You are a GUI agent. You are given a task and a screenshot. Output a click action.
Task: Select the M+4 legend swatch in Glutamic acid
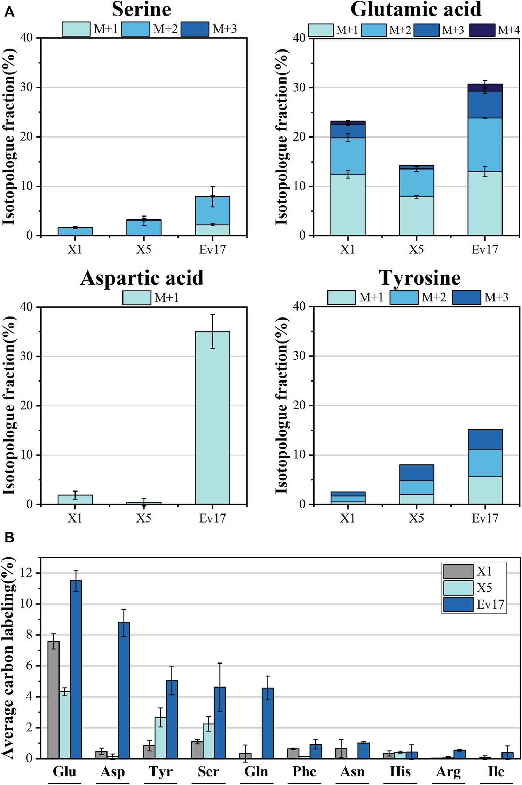click(482, 30)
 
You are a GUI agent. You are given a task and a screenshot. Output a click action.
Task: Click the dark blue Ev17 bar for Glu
click(76, 668)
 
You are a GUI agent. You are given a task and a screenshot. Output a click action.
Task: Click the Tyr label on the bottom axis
click(160, 771)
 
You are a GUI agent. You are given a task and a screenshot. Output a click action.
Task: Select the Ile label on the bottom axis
click(496, 771)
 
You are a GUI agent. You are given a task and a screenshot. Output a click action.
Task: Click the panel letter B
click(9, 537)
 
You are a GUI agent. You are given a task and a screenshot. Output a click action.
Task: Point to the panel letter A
click(9, 13)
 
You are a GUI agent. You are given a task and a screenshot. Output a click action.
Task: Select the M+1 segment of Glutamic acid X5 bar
click(416, 216)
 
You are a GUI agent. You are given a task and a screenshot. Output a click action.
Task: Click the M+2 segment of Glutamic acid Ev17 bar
click(485, 144)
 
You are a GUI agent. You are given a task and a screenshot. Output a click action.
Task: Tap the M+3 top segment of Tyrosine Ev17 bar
click(485, 439)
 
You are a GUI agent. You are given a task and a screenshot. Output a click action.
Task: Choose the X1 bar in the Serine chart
click(75, 231)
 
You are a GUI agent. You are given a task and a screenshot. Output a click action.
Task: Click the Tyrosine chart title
click(419, 278)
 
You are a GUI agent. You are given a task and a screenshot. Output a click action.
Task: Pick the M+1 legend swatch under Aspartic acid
click(137, 298)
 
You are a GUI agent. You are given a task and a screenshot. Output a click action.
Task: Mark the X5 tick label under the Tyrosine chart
click(416, 518)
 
